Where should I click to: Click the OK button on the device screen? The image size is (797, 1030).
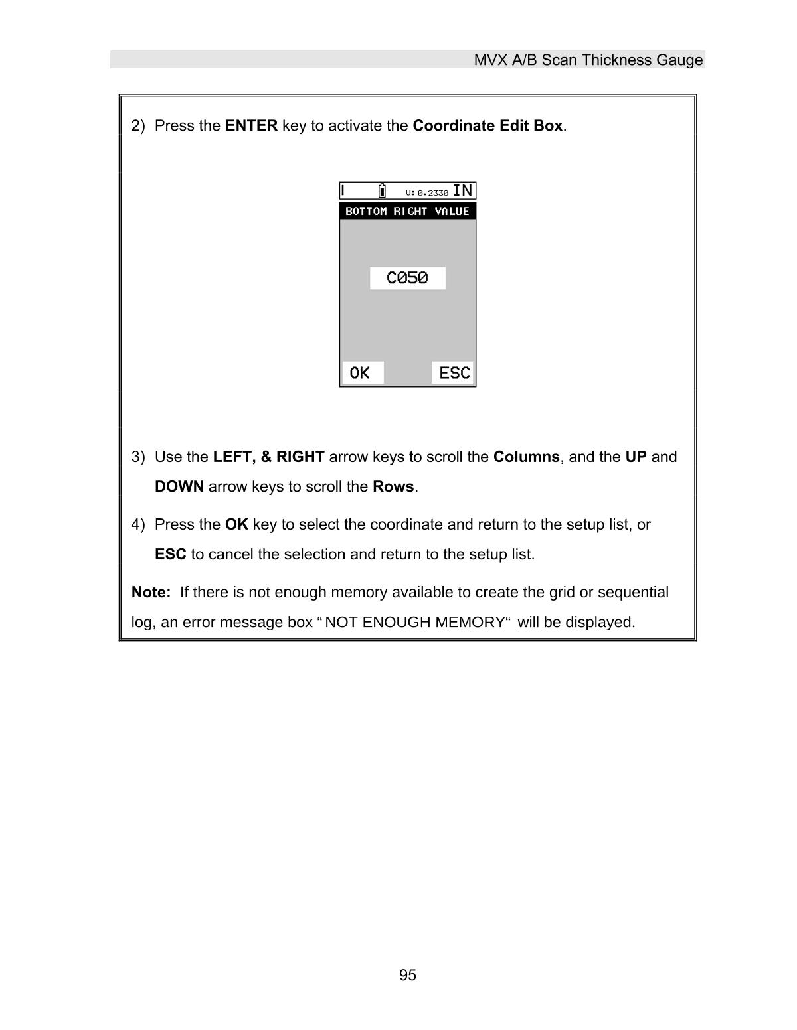[362, 373]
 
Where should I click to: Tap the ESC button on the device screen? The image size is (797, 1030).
[454, 373]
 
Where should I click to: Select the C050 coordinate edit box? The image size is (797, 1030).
[407, 278]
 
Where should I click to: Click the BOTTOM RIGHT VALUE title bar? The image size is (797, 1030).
[407, 211]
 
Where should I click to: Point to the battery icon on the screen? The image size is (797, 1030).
[382, 191]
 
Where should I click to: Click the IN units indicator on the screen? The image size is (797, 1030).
[463, 191]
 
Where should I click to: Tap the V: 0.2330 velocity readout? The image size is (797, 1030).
[426, 192]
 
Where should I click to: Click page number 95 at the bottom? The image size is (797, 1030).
[408, 975]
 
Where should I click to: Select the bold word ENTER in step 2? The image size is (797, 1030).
[251, 126]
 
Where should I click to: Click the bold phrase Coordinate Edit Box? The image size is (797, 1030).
[487, 126]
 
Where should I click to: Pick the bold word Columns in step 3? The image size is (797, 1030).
[526, 457]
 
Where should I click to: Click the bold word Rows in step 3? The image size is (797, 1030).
[393, 487]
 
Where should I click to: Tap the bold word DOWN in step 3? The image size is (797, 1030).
[179, 487]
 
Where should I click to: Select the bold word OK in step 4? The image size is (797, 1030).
[236, 525]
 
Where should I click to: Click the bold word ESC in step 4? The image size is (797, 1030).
[170, 555]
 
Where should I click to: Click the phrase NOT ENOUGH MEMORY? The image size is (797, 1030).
[414, 623]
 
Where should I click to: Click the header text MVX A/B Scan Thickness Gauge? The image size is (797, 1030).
[588, 60]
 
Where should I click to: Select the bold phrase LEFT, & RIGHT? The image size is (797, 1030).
[268, 457]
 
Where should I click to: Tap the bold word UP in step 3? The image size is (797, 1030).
[636, 457]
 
